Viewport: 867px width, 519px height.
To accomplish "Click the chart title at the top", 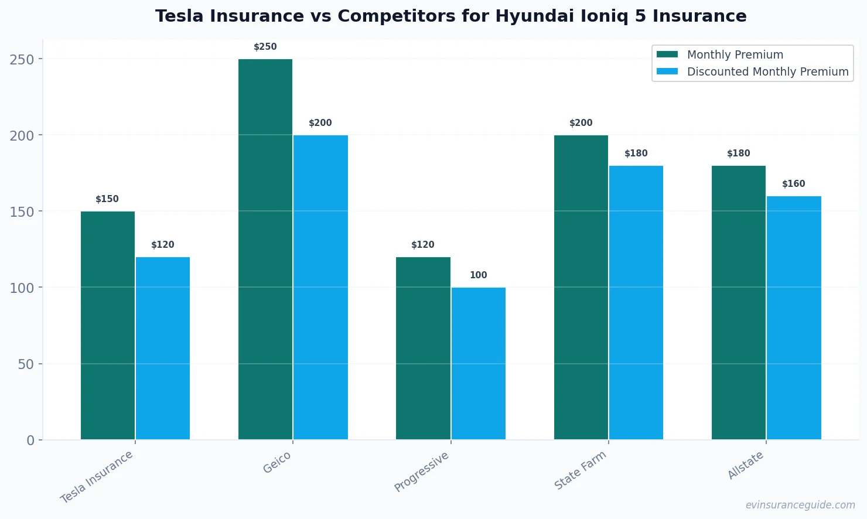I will pyautogui.click(x=450, y=16).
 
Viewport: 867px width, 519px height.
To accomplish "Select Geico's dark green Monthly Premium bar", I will pyautogui.click(x=265, y=249).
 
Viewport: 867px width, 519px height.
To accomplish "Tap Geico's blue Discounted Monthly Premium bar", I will pyautogui.click(x=320, y=287).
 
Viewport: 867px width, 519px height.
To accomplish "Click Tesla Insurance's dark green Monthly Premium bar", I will pyautogui.click(x=108, y=325).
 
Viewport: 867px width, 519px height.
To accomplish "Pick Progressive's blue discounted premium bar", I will pyautogui.click(x=478, y=363).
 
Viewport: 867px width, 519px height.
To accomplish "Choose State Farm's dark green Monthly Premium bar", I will pyautogui.click(x=581, y=287).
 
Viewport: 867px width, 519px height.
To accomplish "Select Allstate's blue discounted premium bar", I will pyautogui.click(x=794, y=317).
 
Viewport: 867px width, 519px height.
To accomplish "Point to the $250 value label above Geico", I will pyautogui.click(x=265, y=47).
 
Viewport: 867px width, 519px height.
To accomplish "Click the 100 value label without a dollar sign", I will pyautogui.click(x=478, y=275).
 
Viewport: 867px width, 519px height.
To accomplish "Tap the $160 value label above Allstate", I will pyautogui.click(x=794, y=184).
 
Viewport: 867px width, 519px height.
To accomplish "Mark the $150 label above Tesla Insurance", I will pyautogui.click(x=107, y=199).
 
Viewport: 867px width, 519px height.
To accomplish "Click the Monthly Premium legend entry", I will pyautogui.click(x=735, y=54).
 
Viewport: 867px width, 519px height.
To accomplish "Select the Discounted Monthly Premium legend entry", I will pyautogui.click(x=767, y=71).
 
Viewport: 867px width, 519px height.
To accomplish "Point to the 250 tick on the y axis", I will pyautogui.click(x=22, y=59).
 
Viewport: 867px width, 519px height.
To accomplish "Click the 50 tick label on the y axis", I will pyautogui.click(x=26, y=364).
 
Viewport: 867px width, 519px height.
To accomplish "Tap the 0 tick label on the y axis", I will pyautogui.click(x=30, y=441).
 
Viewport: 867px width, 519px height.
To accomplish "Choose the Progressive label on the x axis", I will pyautogui.click(x=421, y=472).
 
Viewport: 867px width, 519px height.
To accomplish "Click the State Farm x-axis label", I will pyautogui.click(x=580, y=470).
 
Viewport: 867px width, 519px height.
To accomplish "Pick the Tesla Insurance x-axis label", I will pyautogui.click(x=97, y=477).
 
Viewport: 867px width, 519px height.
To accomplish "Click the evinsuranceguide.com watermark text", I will pyautogui.click(x=800, y=505).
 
